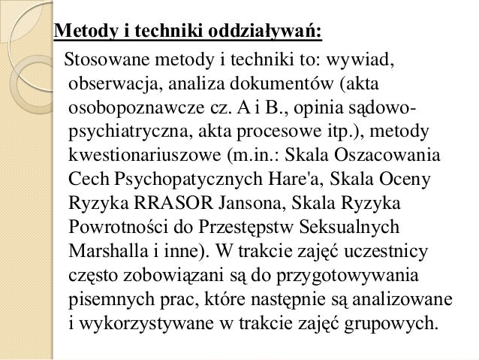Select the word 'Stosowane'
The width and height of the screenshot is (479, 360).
(105, 59)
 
